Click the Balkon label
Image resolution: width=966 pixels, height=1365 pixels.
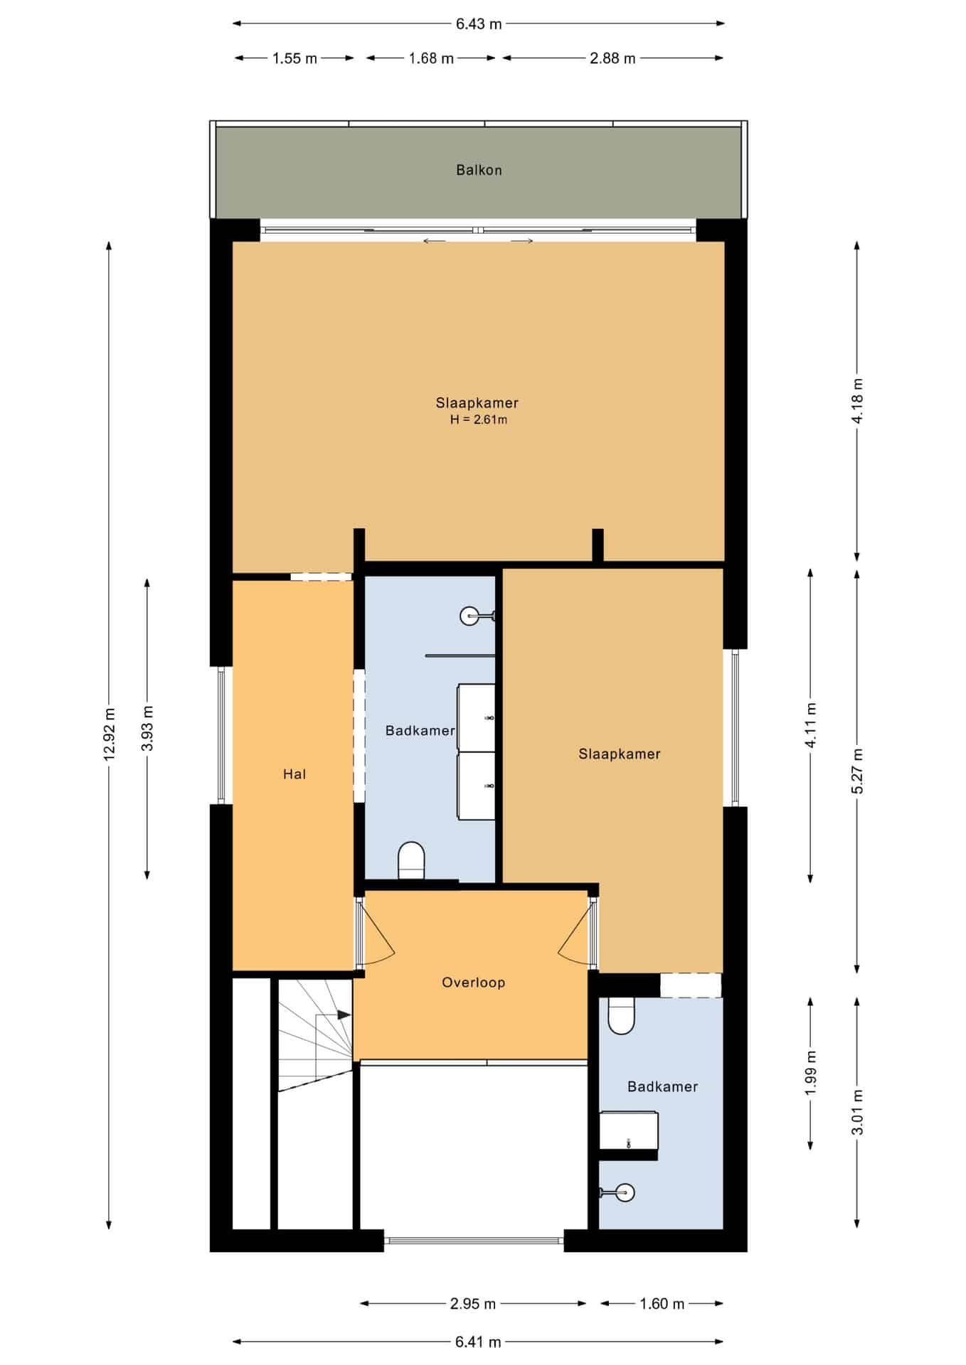click(479, 170)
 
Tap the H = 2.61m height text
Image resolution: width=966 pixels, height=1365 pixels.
click(479, 419)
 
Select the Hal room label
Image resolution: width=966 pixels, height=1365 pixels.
click(294, 774)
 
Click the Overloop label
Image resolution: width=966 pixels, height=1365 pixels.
click(473, 983)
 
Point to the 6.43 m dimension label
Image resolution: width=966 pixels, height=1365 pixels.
click(479, 24)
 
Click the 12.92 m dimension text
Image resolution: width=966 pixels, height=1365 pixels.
click(109, 734)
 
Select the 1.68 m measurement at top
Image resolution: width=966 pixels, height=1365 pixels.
click(431, 58)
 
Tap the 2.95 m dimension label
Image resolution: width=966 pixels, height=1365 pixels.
click(473, 1304)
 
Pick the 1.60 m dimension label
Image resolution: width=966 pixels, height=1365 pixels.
click(662, 1304)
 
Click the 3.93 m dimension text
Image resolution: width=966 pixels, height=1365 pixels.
click(147, 729)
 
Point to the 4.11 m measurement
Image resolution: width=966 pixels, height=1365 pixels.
click(811, 724)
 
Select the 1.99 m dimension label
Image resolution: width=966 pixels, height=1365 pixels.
click(811, 1073)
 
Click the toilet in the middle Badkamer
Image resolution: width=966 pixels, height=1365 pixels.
click(411, 860)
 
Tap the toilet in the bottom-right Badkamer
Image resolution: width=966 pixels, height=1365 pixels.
click(621, 1015)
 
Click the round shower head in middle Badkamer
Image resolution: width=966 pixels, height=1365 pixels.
click(470, 616)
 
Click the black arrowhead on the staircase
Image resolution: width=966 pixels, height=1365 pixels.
click(344, 1015)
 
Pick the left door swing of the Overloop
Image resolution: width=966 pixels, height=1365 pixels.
click(377, 933)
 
